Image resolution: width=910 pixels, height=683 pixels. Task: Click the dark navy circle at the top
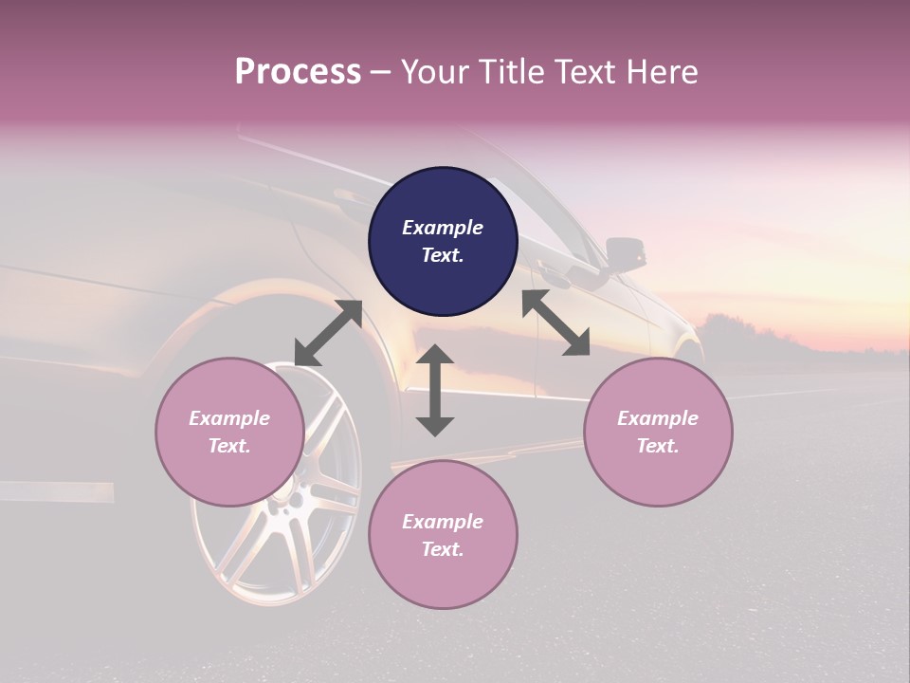[443, 242]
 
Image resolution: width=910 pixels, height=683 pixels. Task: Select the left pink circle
[229, 432]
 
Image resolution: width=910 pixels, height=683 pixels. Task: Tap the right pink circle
[658, 432]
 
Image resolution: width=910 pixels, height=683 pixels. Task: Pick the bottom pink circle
[443, 534]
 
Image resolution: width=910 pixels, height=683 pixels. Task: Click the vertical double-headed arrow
[435, 390]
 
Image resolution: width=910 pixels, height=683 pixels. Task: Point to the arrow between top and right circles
[555, 323]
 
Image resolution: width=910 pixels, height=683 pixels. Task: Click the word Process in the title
[298, 72]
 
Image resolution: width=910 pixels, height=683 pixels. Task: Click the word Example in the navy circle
[443, 228]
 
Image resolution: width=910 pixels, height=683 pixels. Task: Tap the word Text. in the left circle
[229, 446]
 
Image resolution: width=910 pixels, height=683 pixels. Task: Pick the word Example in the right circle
[658, 418]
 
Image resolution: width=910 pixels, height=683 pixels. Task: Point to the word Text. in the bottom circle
[443, 549]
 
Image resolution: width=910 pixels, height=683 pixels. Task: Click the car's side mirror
[625, 252]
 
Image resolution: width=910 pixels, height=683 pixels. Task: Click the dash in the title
[381, 72]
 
